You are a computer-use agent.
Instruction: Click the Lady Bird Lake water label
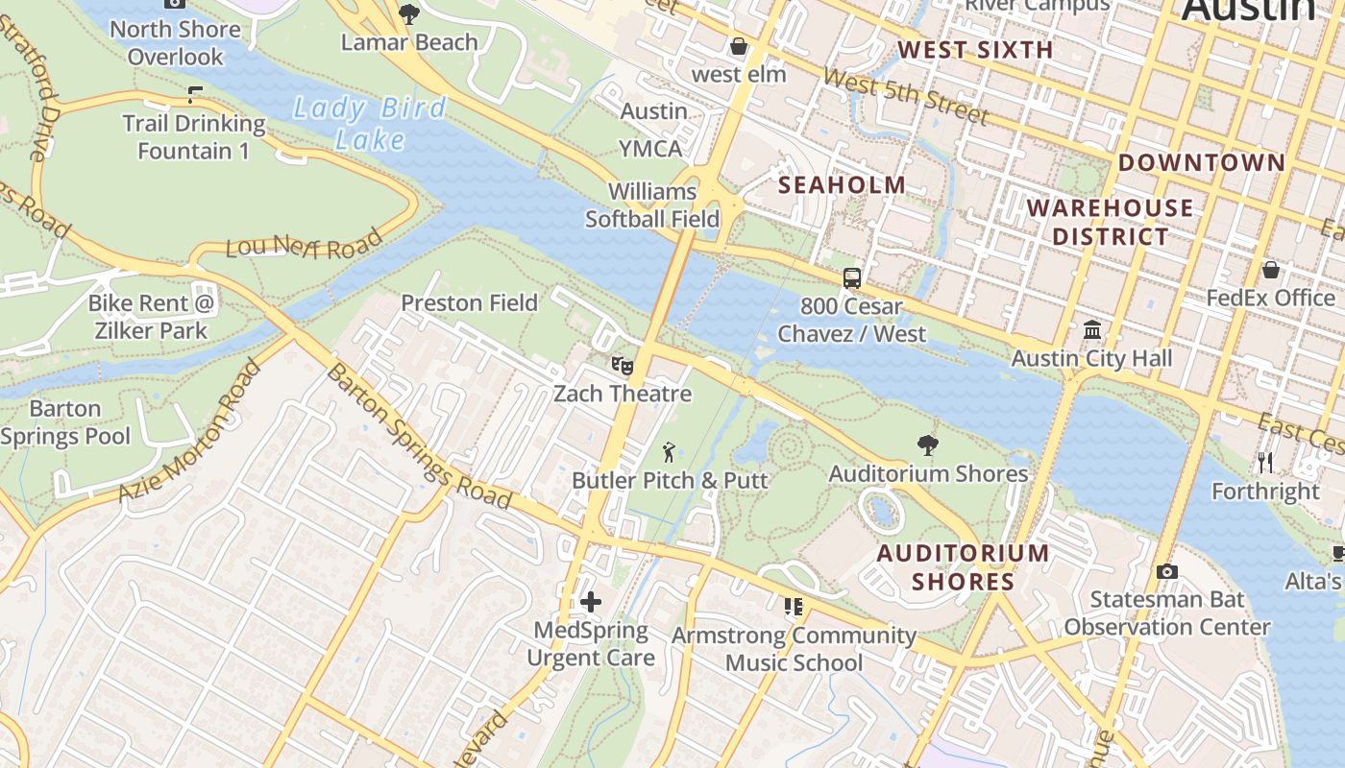coord(370,123)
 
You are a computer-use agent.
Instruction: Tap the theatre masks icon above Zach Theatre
coord(623,366)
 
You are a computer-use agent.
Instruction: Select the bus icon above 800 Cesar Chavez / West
coord(851,278)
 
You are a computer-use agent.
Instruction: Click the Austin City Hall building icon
coord(1091,330)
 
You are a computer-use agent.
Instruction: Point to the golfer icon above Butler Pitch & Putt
coord(669,450)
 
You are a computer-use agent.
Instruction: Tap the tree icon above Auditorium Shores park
coord(927,444)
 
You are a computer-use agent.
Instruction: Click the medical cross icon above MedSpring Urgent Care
coord(591,602)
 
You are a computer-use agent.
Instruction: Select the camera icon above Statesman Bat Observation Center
coord(1166,571)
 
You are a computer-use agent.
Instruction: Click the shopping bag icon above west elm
coord(739,46)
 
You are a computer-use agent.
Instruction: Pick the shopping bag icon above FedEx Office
coord(1270,270)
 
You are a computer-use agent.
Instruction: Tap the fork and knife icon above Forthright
coord(1265,463)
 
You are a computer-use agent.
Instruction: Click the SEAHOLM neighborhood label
coord(842,184)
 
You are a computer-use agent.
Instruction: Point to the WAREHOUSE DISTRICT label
coord(1110,222)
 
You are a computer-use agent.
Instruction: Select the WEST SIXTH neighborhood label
coord(975,50)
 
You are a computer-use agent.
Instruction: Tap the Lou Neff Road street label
coord(304,246)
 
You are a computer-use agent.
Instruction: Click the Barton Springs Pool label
coord(65,422)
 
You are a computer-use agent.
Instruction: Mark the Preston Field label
coord(469,302)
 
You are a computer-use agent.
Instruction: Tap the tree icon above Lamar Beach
coord(409,14)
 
